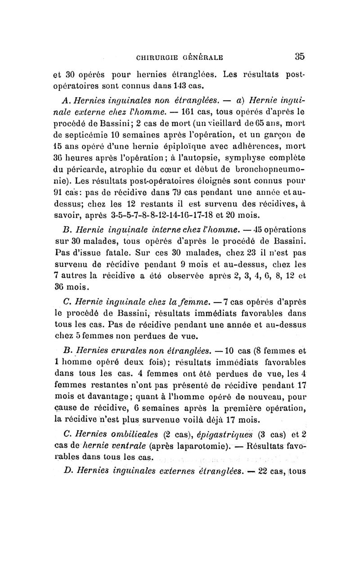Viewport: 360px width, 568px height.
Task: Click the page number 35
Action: (x=300, y=56)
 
